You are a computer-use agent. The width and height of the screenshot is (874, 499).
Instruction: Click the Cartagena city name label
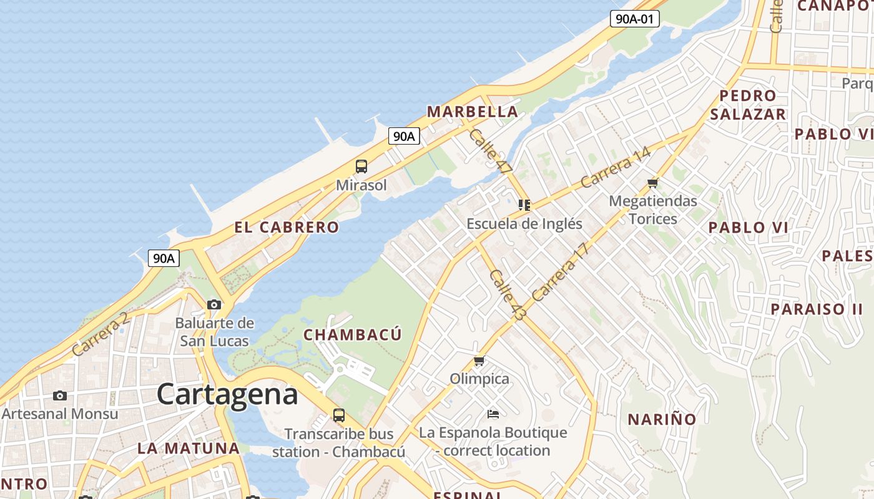(x=227, y=394)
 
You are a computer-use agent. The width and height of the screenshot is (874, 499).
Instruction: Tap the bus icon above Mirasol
(x=361, y=167)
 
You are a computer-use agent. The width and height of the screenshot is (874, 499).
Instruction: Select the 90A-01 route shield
(x=634, y=19)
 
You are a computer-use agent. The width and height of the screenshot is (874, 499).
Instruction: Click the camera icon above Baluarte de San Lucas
(x=214, y=304)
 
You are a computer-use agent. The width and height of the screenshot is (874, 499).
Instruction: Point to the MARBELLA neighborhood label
(x=472, y=112)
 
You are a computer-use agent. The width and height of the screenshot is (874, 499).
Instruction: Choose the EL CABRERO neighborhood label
(x=287, y=227)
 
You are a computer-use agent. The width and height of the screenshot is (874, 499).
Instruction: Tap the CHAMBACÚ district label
(x=353, y=335)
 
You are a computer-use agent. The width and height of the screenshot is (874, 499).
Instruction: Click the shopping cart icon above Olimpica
(x=479, y=361)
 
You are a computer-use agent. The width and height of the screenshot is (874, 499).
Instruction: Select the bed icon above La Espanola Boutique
(x=493, y=414)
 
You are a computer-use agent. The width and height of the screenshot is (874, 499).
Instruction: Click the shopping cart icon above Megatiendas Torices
(x=653, y=183)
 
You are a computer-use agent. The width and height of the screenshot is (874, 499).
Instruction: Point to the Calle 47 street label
(x=491, y=151)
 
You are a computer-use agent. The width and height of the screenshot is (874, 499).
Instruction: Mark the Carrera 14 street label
(x=615, y=167)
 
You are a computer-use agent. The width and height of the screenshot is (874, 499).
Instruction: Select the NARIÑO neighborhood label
(x=662, y=419)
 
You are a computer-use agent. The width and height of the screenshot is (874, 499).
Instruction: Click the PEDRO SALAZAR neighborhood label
(x=747, y=105)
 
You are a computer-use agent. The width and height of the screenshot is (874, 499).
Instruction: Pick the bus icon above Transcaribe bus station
(x=339, y=415)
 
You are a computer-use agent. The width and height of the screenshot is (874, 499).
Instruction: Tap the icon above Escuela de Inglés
(x=524, y=205)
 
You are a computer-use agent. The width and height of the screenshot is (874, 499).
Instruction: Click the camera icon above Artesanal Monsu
(x=60, y=395)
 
